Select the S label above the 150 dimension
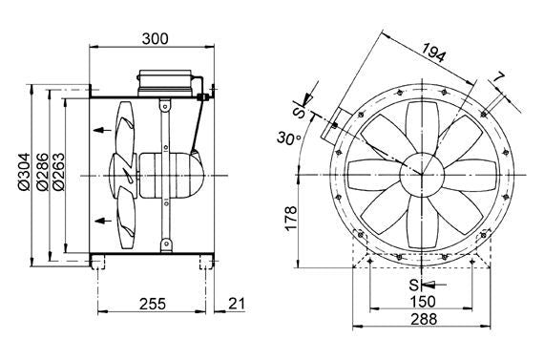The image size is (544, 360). point(412,284)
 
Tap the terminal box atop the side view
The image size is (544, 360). point(168,80)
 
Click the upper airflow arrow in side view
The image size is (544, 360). point(100,128)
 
